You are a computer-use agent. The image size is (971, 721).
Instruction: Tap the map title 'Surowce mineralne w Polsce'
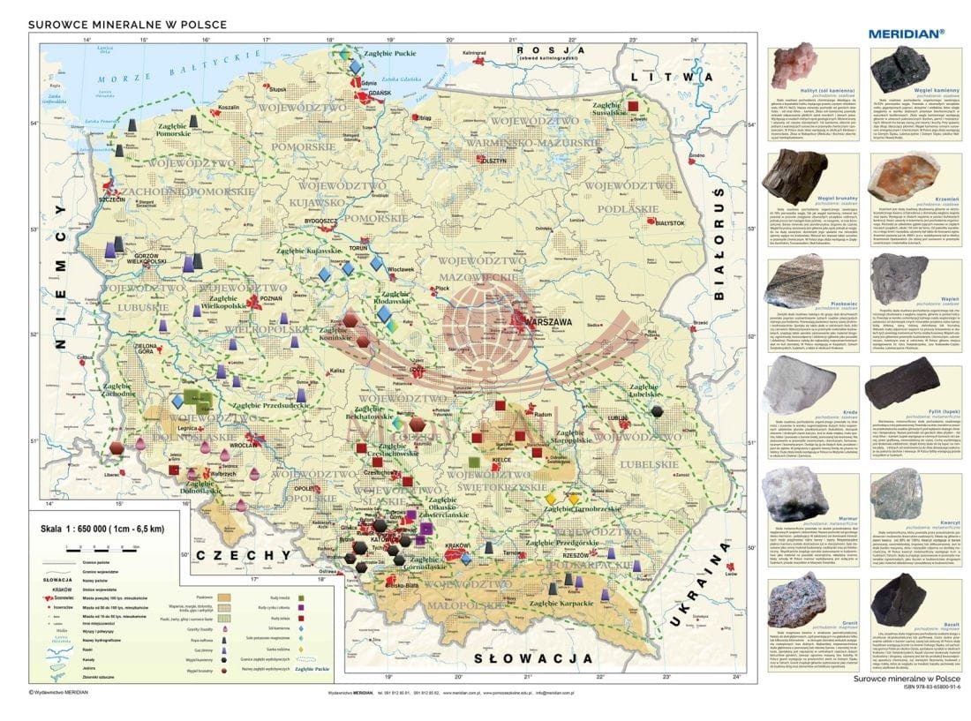(x=129, y=25)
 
